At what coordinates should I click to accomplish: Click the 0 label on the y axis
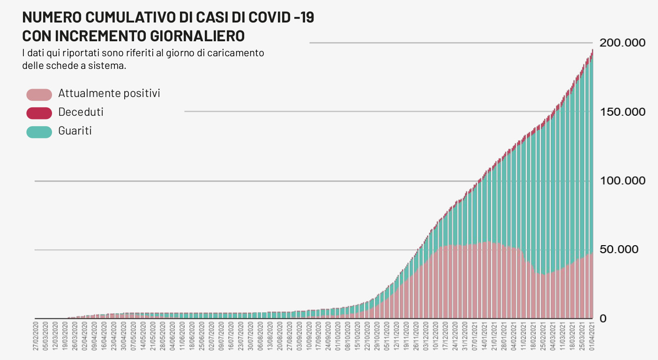pyautogui.click(x=603, y=319)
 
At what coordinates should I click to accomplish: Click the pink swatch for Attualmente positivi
pyautogui.click(x=39, y=94)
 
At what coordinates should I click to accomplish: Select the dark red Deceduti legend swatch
pyautogui.click(x=39, y=113)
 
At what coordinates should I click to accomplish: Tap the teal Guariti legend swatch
pyautogui.click(x=39, y=132)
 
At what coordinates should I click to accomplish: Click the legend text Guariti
pyautogui.click(x=75, y=131)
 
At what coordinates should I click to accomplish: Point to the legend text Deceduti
pyautogui.click(x=81, y=112)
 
